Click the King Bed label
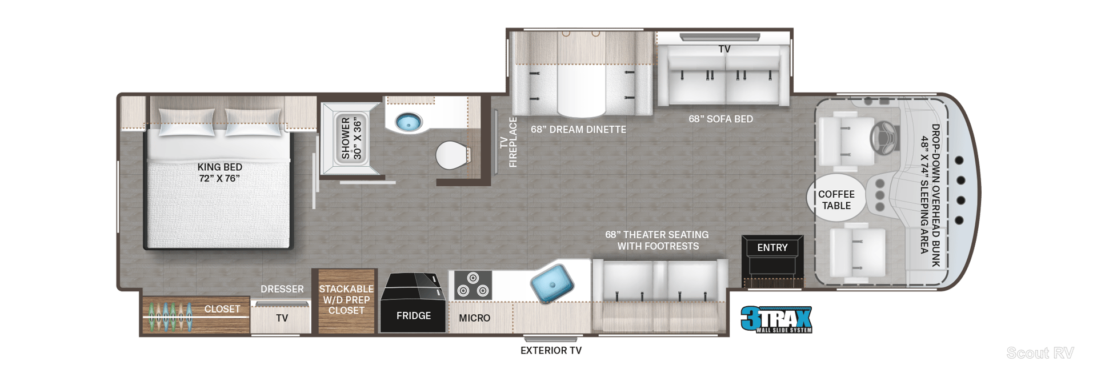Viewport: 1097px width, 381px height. click(x=220, y=173)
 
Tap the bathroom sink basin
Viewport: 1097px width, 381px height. click(x=409, y=122)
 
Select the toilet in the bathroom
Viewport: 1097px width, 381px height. click(x=453, y=155)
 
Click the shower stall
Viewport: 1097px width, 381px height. click(x=350, y=139)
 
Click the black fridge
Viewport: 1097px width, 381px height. click(x=413, y=303)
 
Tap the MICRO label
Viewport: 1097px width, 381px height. click(x=474, y=318)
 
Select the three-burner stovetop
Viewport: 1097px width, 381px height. click(x=473, y=285)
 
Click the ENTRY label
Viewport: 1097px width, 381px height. click(x=772, y=248)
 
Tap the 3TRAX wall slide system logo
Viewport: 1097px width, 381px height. click(x=776, y=319)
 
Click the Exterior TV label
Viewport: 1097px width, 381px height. click(x=551, y=351)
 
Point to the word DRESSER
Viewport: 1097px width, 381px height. click(x=282, y=289)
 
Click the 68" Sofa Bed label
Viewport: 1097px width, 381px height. click(x=720, y=119)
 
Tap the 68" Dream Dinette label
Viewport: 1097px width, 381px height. click(x=578, y=130)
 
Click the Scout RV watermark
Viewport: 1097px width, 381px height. click(x=1040, y=353)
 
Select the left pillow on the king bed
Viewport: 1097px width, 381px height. click(x=186, y=122)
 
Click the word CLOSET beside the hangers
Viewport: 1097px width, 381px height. click(x=222, y=309)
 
